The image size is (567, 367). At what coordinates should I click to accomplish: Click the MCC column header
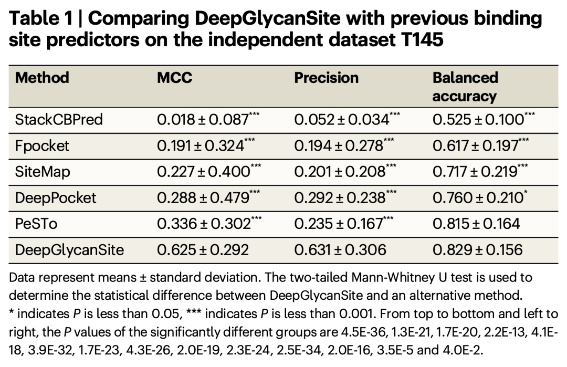175,78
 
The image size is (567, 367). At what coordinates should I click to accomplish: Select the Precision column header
326,78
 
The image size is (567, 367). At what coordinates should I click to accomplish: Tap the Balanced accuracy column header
465,87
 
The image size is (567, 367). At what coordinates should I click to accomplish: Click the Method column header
42,78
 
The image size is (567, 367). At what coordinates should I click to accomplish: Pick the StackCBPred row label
59,120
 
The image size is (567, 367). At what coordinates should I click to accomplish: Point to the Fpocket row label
42,145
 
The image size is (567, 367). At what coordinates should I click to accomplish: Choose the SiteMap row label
43,171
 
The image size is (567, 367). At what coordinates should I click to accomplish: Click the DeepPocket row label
56,197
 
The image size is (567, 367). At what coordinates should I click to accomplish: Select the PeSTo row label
36,223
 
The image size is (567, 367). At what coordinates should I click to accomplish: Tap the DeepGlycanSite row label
69,249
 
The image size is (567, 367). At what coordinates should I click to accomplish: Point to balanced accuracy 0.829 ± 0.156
477,249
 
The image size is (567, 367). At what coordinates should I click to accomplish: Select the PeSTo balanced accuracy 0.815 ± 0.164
476,223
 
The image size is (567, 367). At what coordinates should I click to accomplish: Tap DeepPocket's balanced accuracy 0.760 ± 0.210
478,197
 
